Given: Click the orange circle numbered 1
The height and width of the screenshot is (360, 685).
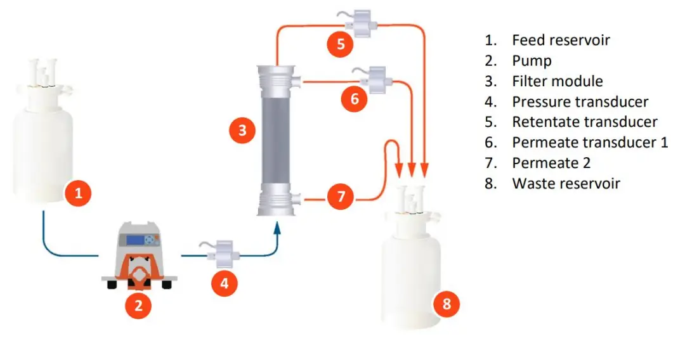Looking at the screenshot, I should pyautogui.click(x=79, y=193).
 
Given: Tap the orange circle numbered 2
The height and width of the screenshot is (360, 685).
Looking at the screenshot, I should pyautogui.click(x=138, y=306).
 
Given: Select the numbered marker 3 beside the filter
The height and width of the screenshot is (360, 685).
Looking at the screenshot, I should pyautogui.click(x=242, y=131).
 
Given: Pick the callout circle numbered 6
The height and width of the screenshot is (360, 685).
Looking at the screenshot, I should pyautogui.click(x=355, y=98).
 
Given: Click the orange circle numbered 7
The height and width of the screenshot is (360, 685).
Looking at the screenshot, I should pyautogui.click(x=341, y=196).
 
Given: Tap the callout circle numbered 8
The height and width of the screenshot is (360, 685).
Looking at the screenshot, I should pyautogui.click(x=447, y=304).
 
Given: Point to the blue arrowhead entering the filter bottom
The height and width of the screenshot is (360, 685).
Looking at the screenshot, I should pyautogui.click(x=277, y=227).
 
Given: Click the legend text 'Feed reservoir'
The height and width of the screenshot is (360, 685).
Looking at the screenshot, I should pyautogui.click(x=561, y=41).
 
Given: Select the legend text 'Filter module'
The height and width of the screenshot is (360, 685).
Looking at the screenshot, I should pyautogui.click(x=557, y=81).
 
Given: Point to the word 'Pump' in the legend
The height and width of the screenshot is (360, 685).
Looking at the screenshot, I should pyautogui.click(x=532, y=61).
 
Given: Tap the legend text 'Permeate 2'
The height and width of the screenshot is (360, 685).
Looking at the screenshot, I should pyautogui.click(x=551, y=163).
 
